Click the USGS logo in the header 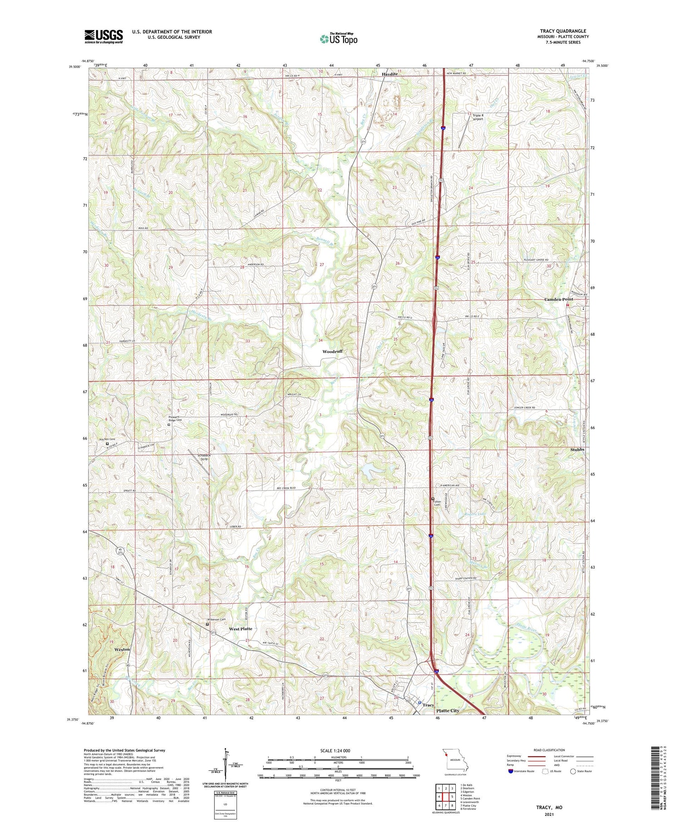click(x=104, y=36)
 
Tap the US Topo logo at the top click(x=338, y=39)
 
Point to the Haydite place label click(x=389, y=74)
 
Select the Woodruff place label click(x=332, y=352)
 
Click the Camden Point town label click(x=558, y=299)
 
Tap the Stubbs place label click(x=577, y=449)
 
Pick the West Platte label click(x=240, y=629)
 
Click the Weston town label click(x=122, y=649)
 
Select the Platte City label click(x=448, y=710)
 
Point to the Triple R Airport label click(x=478, y=117)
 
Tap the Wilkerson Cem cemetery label click(x=217, y=619)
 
